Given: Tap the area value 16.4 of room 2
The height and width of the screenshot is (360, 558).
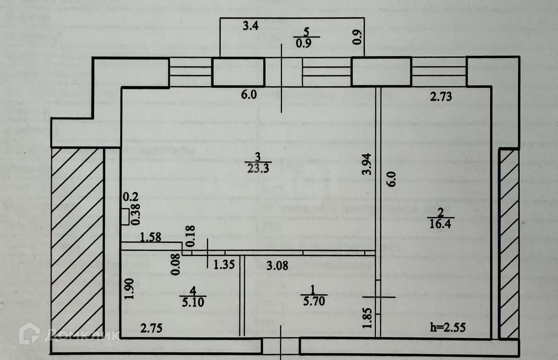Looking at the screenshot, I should [x=440, y=224].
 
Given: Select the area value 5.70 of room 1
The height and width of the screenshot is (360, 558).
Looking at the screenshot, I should [x=314, y=301].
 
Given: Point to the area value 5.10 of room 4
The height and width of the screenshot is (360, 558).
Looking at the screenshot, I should [x=193, y=302].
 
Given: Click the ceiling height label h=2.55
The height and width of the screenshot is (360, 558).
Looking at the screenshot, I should [x=448, y=327].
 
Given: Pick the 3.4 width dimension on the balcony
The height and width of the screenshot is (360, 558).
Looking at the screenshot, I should [x=251, y=26].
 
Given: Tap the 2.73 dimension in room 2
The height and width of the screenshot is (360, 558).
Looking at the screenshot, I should [x=441, y=97].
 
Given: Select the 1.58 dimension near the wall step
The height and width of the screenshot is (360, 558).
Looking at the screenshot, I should [x=151, y=237].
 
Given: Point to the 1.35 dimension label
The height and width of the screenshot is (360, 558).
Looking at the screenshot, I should [x=224, y=265].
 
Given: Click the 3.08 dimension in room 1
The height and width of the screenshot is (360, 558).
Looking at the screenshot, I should [x=277, y=265].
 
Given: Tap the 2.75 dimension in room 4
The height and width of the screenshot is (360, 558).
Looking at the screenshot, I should [x=151, y=329].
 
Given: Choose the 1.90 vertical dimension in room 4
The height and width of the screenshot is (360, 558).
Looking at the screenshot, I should [x=129, y=288].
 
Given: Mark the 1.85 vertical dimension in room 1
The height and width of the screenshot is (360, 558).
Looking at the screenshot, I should [x=367, y=318].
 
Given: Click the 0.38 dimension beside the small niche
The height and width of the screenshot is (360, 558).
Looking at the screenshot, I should [x=136, y=214].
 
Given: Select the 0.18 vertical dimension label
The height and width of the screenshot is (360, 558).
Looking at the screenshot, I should [x=190, y=236].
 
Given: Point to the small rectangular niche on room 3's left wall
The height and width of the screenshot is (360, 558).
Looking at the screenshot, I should [x=125, y=217].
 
